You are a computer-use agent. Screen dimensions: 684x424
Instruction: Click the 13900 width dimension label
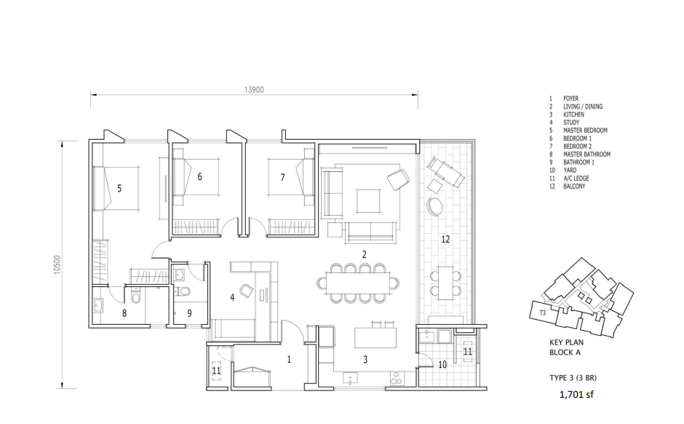[254, 90]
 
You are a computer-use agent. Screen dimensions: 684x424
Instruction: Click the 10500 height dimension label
[57, 264]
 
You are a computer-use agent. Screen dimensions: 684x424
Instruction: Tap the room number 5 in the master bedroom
[119, 188]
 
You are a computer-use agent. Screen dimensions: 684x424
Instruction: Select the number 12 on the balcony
[445, 239]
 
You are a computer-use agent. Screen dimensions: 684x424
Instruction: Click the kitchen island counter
[375, 338]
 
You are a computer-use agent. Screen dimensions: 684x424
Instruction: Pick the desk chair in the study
[247, 291]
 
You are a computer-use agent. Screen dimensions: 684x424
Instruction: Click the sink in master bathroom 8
[98, 305]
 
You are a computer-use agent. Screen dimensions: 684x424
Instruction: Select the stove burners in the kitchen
[397, 378]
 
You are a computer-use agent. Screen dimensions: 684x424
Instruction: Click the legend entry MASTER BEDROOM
[585, 130]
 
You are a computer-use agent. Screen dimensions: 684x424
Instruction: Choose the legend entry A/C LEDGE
[576, 178]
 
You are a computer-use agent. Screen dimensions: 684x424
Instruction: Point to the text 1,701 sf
[576, 394]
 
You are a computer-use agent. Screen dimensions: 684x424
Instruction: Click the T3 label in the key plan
[542, 313]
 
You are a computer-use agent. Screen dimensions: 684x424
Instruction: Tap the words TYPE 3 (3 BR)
[573, 377]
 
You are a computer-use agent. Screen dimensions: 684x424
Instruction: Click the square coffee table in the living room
[368, 201]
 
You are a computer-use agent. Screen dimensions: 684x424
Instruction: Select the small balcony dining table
[445, 283]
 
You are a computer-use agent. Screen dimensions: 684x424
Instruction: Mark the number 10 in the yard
[442, 364]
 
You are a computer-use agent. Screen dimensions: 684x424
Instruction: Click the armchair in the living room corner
[398, 179]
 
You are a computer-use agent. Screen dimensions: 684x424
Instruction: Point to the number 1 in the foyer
[289, 359]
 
